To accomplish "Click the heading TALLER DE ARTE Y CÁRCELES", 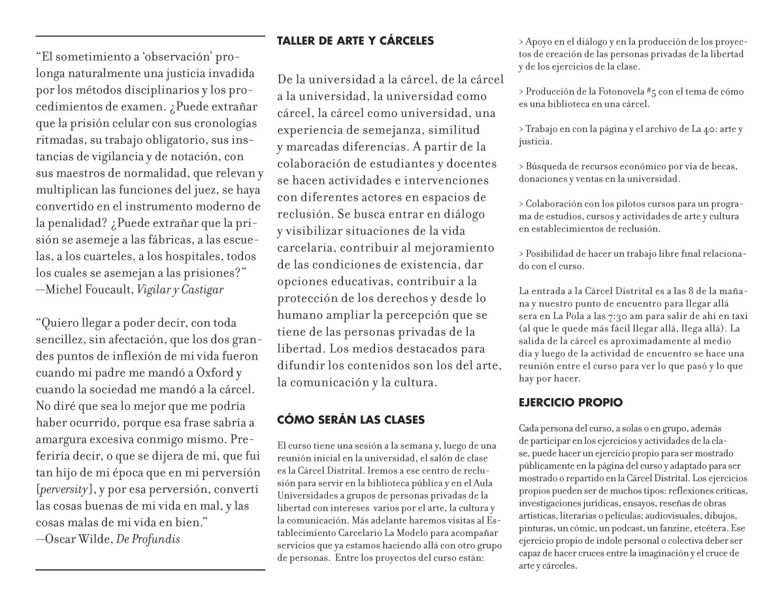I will pos(355,41).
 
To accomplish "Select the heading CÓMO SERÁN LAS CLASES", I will pos(351,419).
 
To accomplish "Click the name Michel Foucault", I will pos(89,289).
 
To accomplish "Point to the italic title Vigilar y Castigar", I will pos(180,289).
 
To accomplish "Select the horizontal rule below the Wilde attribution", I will pos(150,569).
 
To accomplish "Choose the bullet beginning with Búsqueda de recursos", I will pos(627,172).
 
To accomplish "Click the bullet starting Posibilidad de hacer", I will pos(627,260).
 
